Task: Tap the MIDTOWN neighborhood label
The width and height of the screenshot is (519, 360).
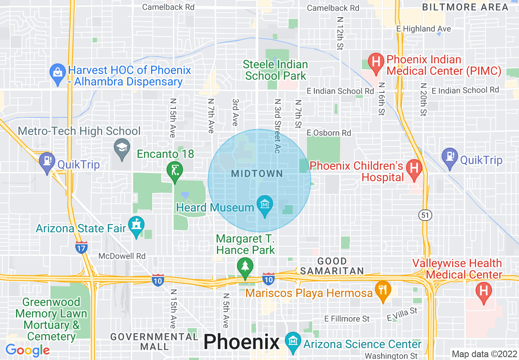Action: coord(257,174)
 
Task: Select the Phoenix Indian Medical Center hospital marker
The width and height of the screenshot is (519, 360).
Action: coord(375,63)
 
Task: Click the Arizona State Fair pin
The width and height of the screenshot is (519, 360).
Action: coord(136,225)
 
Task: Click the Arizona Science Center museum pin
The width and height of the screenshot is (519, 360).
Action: coord(293,342)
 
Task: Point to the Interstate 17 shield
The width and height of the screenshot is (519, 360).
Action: coord(81,248)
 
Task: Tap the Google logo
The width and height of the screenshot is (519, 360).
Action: coord(27,351)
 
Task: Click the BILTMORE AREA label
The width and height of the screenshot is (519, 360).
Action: coord(465,7)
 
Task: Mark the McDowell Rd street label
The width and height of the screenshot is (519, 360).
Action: coord(122,256)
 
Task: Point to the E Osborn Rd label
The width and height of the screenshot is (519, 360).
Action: coord(329,133)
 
